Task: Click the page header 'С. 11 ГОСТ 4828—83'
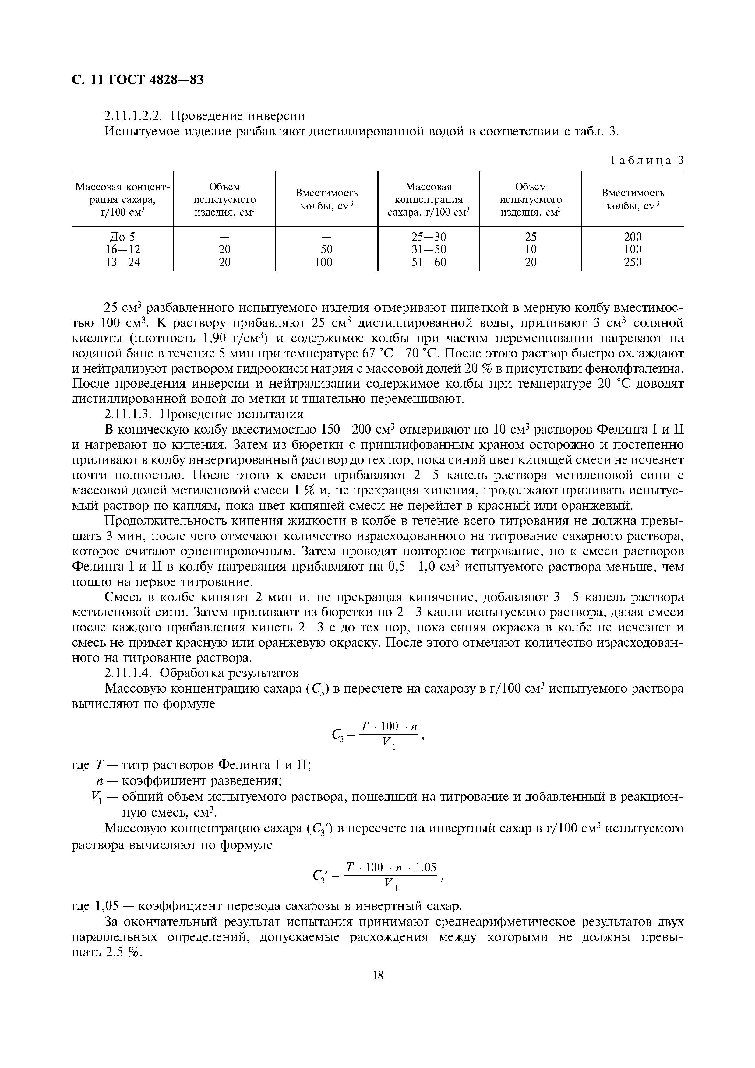click(x=138, y=80)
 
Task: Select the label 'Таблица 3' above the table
click(x=646, y=160)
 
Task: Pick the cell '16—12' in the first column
click(x=122, y=250)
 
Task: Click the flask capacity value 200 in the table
click(x=632, y=237)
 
